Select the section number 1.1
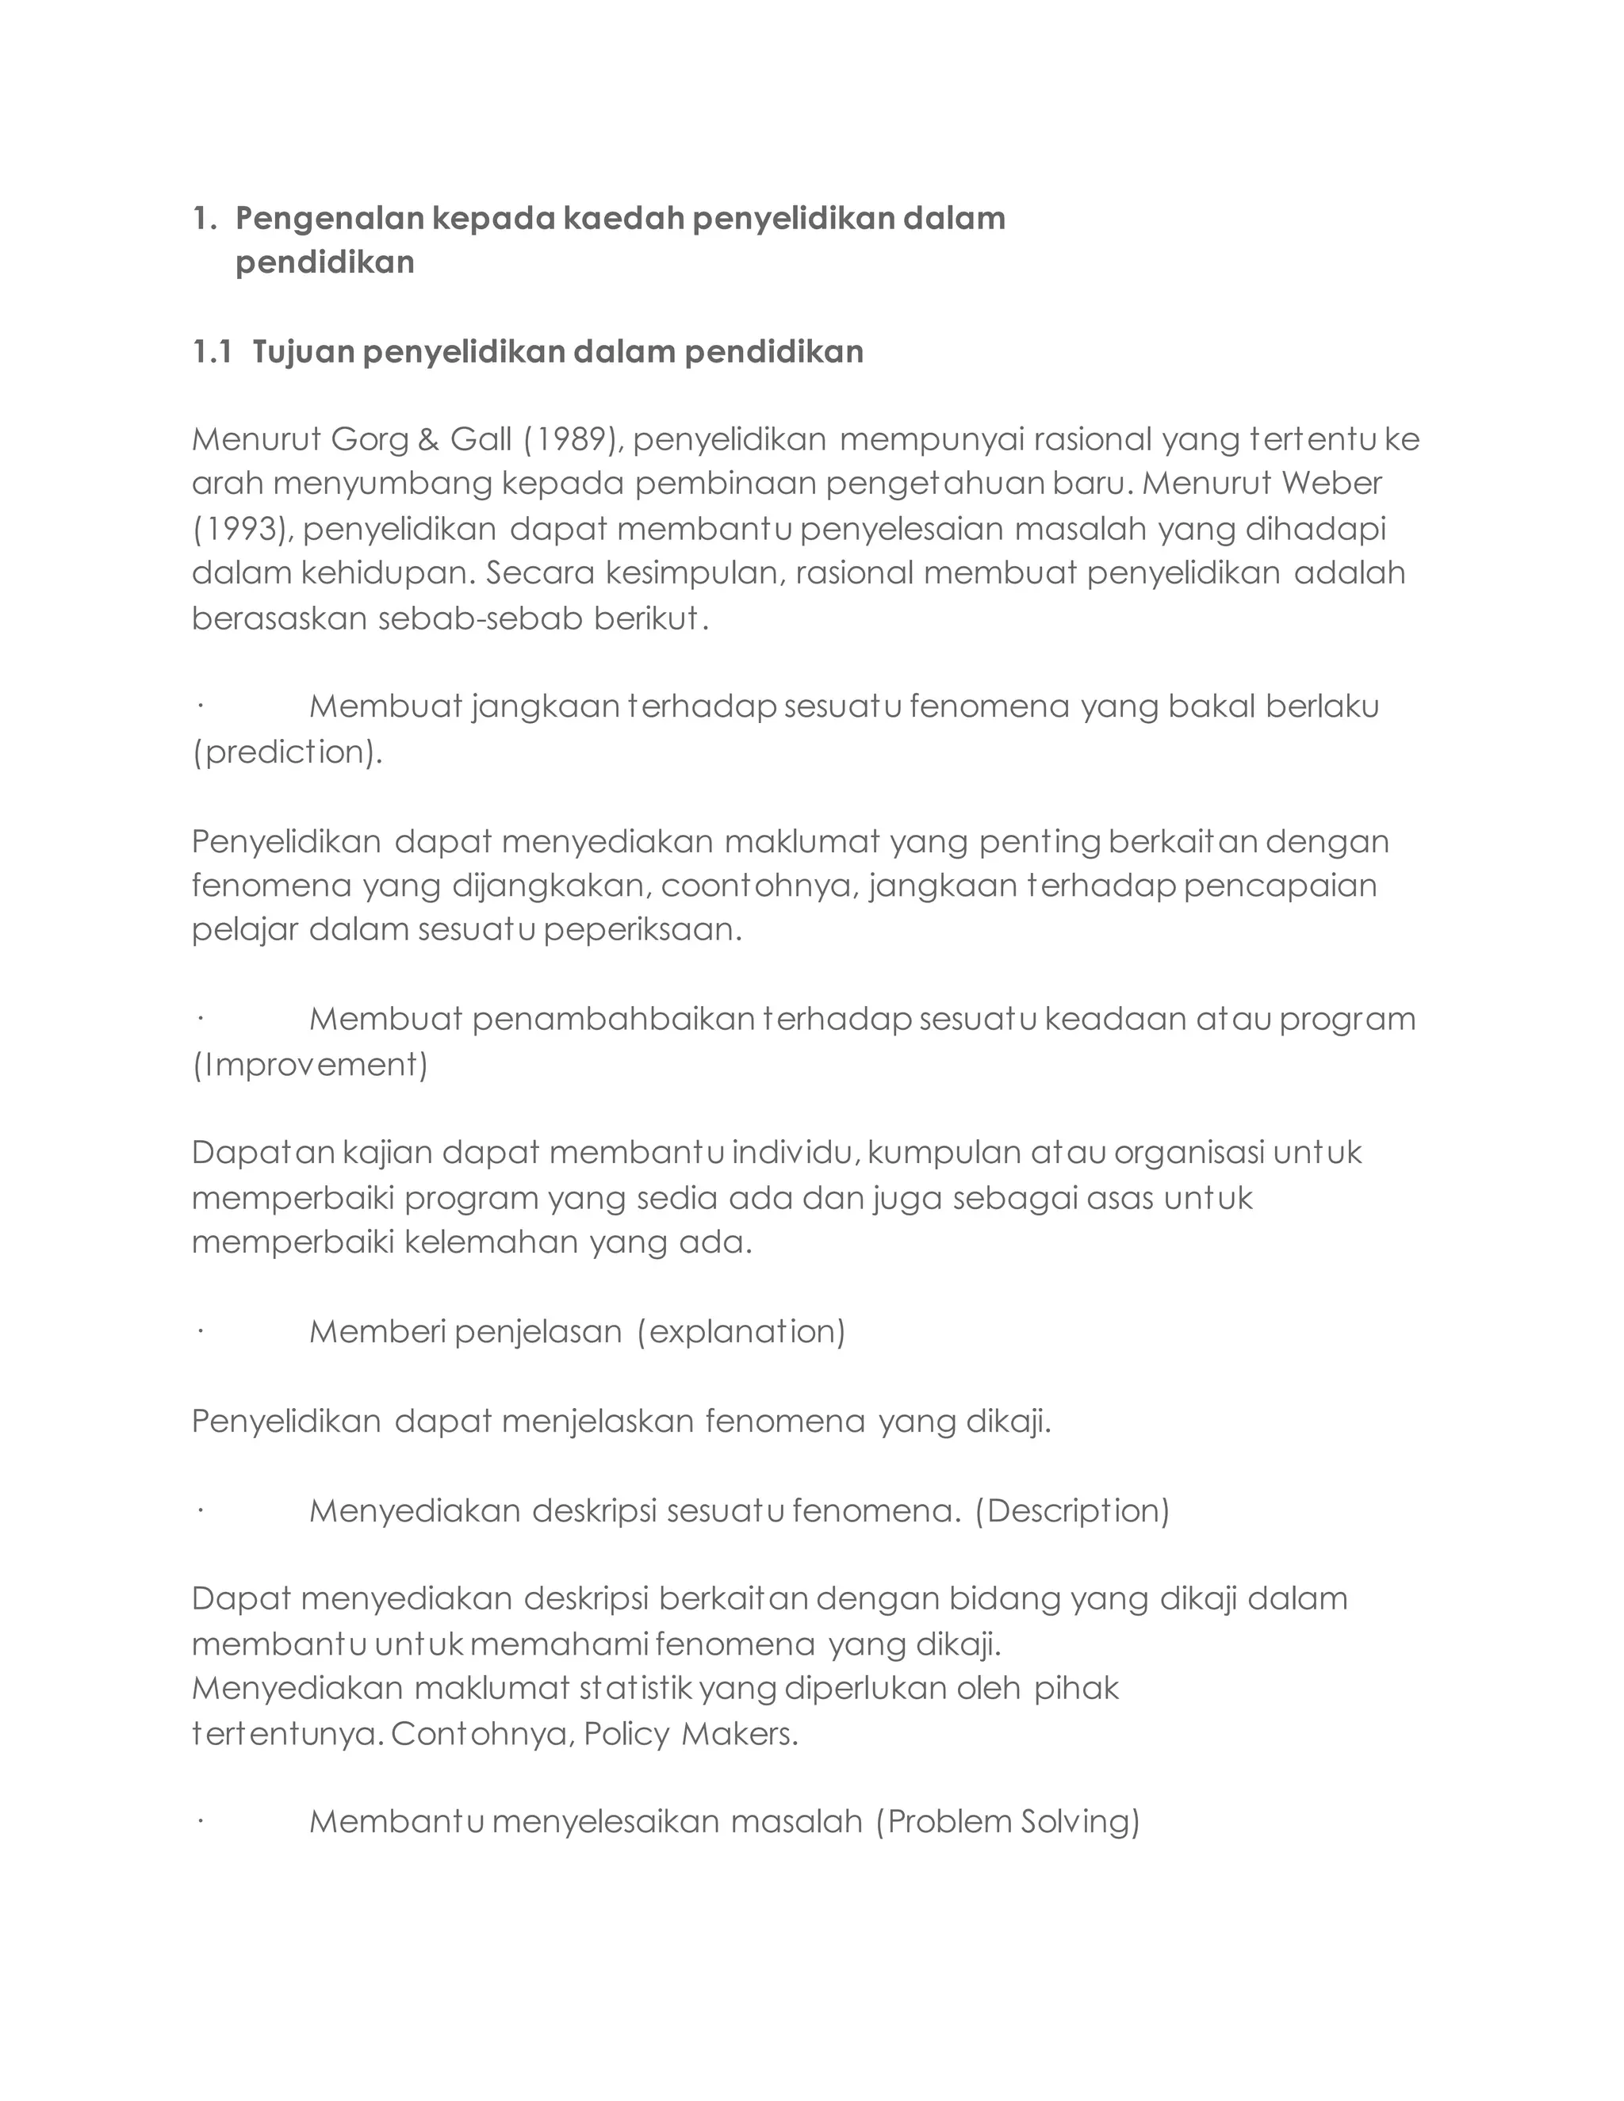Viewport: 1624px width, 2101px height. point(212,353)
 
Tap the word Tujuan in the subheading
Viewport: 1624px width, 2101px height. point(303,353)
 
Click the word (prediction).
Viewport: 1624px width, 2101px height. point(288,752)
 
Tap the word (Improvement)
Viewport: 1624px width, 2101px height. point(310,1065)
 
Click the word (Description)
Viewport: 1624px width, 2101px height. point(1072,1511)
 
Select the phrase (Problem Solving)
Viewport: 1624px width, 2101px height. point(1007,1822)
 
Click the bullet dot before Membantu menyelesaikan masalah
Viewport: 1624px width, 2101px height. point(200,1822)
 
